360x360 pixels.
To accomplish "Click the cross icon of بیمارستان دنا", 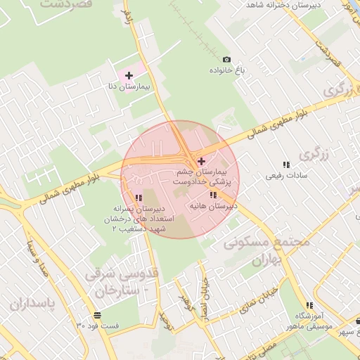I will pyautogui.click(x=129, y=75).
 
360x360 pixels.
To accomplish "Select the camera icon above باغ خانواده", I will pyautogui.click(x=226, y=60).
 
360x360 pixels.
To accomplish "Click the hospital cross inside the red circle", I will pyautogui.click(x=202, y=161).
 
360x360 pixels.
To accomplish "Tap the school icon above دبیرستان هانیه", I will pyautogui.click(x=213, y=195).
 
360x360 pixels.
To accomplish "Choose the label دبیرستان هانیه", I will pyautogui.click(x=213, y=206).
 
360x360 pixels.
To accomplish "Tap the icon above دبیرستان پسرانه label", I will pyautogui.click(x=139, y=198).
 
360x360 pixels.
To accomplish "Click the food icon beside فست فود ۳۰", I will pyautogui.click(x=96, y=315).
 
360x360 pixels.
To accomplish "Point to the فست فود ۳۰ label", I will pyautogui.click(x=98, y=326).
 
